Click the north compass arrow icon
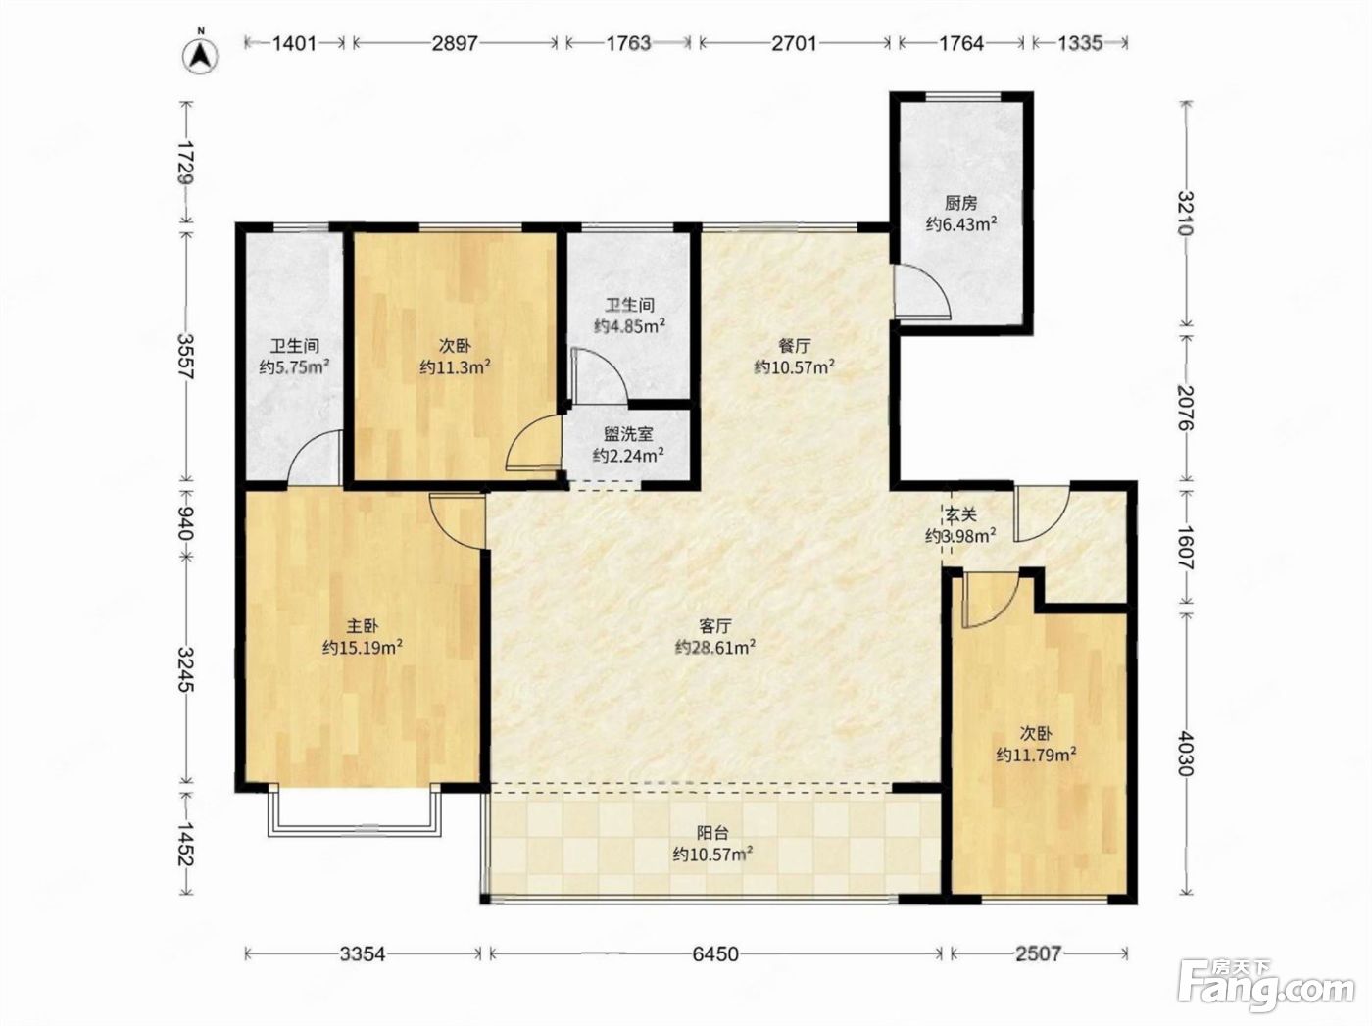(200, 56)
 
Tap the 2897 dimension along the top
(455, 43)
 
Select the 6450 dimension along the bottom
(715, 954)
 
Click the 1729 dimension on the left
(185, 162)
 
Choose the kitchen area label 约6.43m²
(961, 224)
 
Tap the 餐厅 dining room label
(795, 346)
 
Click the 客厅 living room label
(715, 626)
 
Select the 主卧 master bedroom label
(363, 626)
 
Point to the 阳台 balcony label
(712, 833)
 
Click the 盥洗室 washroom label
(628, 434)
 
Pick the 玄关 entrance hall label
(960, 514)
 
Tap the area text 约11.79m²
(1036, 755)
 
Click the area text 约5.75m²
(294, 366)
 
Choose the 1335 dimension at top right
(1081, 43)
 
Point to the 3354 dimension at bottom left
(364, 954)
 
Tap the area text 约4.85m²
(629, 325)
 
